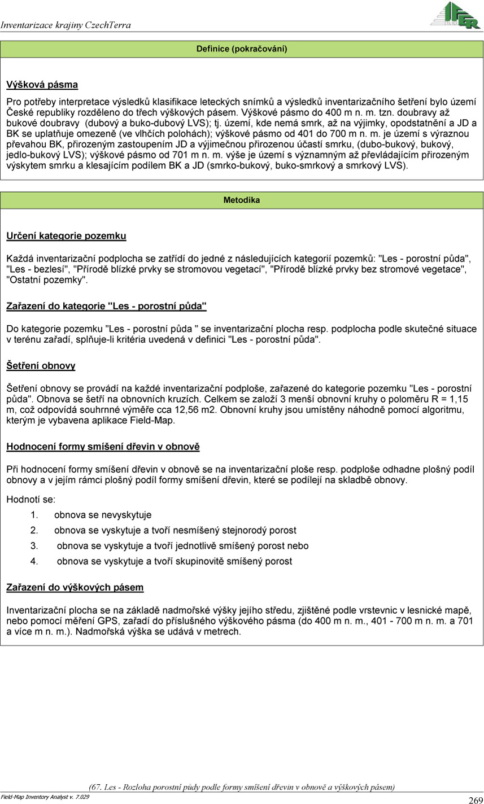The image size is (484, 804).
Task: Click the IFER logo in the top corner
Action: point(456,15)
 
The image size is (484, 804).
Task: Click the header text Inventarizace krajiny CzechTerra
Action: point(66,25)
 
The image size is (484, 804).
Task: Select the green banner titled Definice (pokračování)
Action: point(242,49)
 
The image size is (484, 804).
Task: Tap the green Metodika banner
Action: point(242,200)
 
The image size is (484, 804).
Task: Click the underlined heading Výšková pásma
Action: point(42,85)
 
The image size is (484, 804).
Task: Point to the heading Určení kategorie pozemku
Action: point(66,235)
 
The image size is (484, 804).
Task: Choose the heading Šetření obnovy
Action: point(41,366)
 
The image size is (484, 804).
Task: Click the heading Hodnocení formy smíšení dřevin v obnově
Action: point(103,447)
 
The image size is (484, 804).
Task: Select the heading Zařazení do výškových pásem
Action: point(75,588)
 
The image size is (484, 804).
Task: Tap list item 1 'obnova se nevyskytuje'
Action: point(103,515)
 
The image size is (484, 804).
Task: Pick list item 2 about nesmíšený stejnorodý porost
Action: point(175,531)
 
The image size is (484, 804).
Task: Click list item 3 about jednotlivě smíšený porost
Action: point(182,546)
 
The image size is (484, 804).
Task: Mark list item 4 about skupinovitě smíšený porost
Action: point(175,561)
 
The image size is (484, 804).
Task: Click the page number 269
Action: point(475,799)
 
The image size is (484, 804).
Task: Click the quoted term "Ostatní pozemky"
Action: point(47,279)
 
